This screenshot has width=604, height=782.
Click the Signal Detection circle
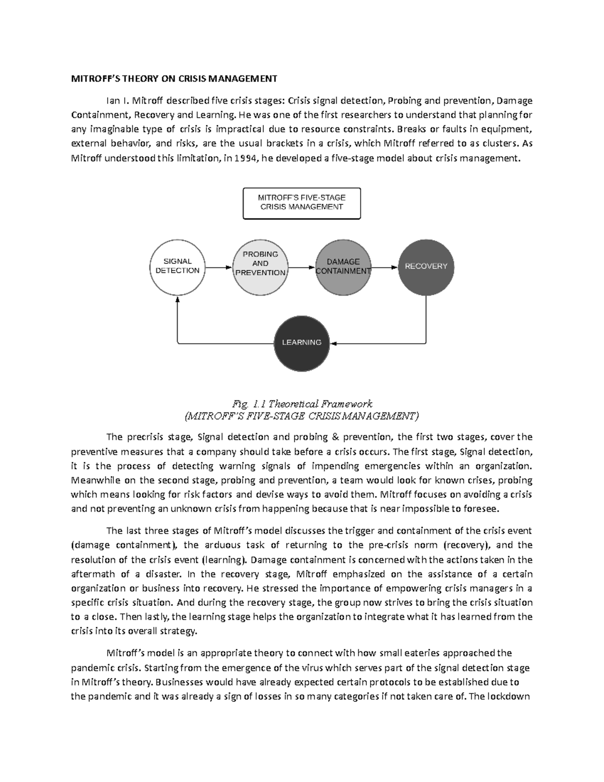click(177, 267)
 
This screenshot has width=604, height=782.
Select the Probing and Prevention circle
click(260, 267)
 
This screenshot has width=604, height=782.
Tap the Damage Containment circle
click(343, 267)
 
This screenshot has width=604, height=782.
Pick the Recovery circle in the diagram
click(426, 267)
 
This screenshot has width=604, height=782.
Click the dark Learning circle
click(301, 343)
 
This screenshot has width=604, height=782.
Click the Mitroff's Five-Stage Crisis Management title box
click(301, 203)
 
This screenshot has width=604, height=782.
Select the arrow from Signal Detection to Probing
click(219, 268)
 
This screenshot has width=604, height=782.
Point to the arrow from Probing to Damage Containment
click(301, 268)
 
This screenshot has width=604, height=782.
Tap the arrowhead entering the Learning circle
click(333, 344)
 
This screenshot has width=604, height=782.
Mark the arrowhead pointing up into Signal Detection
click(178, 299)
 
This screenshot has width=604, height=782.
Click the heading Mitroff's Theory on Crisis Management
click(174, 79)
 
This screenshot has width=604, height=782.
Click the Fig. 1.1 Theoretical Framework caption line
click(302, 404)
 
